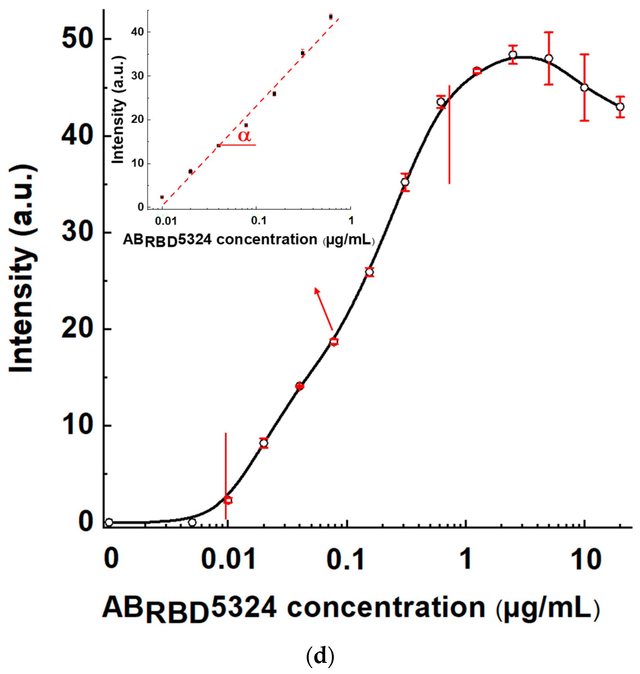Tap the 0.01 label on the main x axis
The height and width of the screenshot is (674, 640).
[228, 560]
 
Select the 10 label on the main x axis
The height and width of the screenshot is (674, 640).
[586, 560]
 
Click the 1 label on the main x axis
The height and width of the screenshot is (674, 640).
[466, 560]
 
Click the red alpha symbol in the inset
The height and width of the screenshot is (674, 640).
[244, 136]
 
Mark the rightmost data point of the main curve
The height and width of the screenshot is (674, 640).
[620, 107]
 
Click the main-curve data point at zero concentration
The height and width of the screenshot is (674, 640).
[109, 522]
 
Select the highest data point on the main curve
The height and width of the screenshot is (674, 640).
[512, 54]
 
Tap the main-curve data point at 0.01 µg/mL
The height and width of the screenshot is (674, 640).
[228, 500]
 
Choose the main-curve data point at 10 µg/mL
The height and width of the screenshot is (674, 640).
[584, 88]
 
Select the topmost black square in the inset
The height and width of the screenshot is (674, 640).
[330, 17]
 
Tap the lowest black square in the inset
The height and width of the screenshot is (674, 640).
[162, 197]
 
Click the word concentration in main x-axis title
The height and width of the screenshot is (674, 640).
[386, 607]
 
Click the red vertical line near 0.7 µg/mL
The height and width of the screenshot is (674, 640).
[449, 135]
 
